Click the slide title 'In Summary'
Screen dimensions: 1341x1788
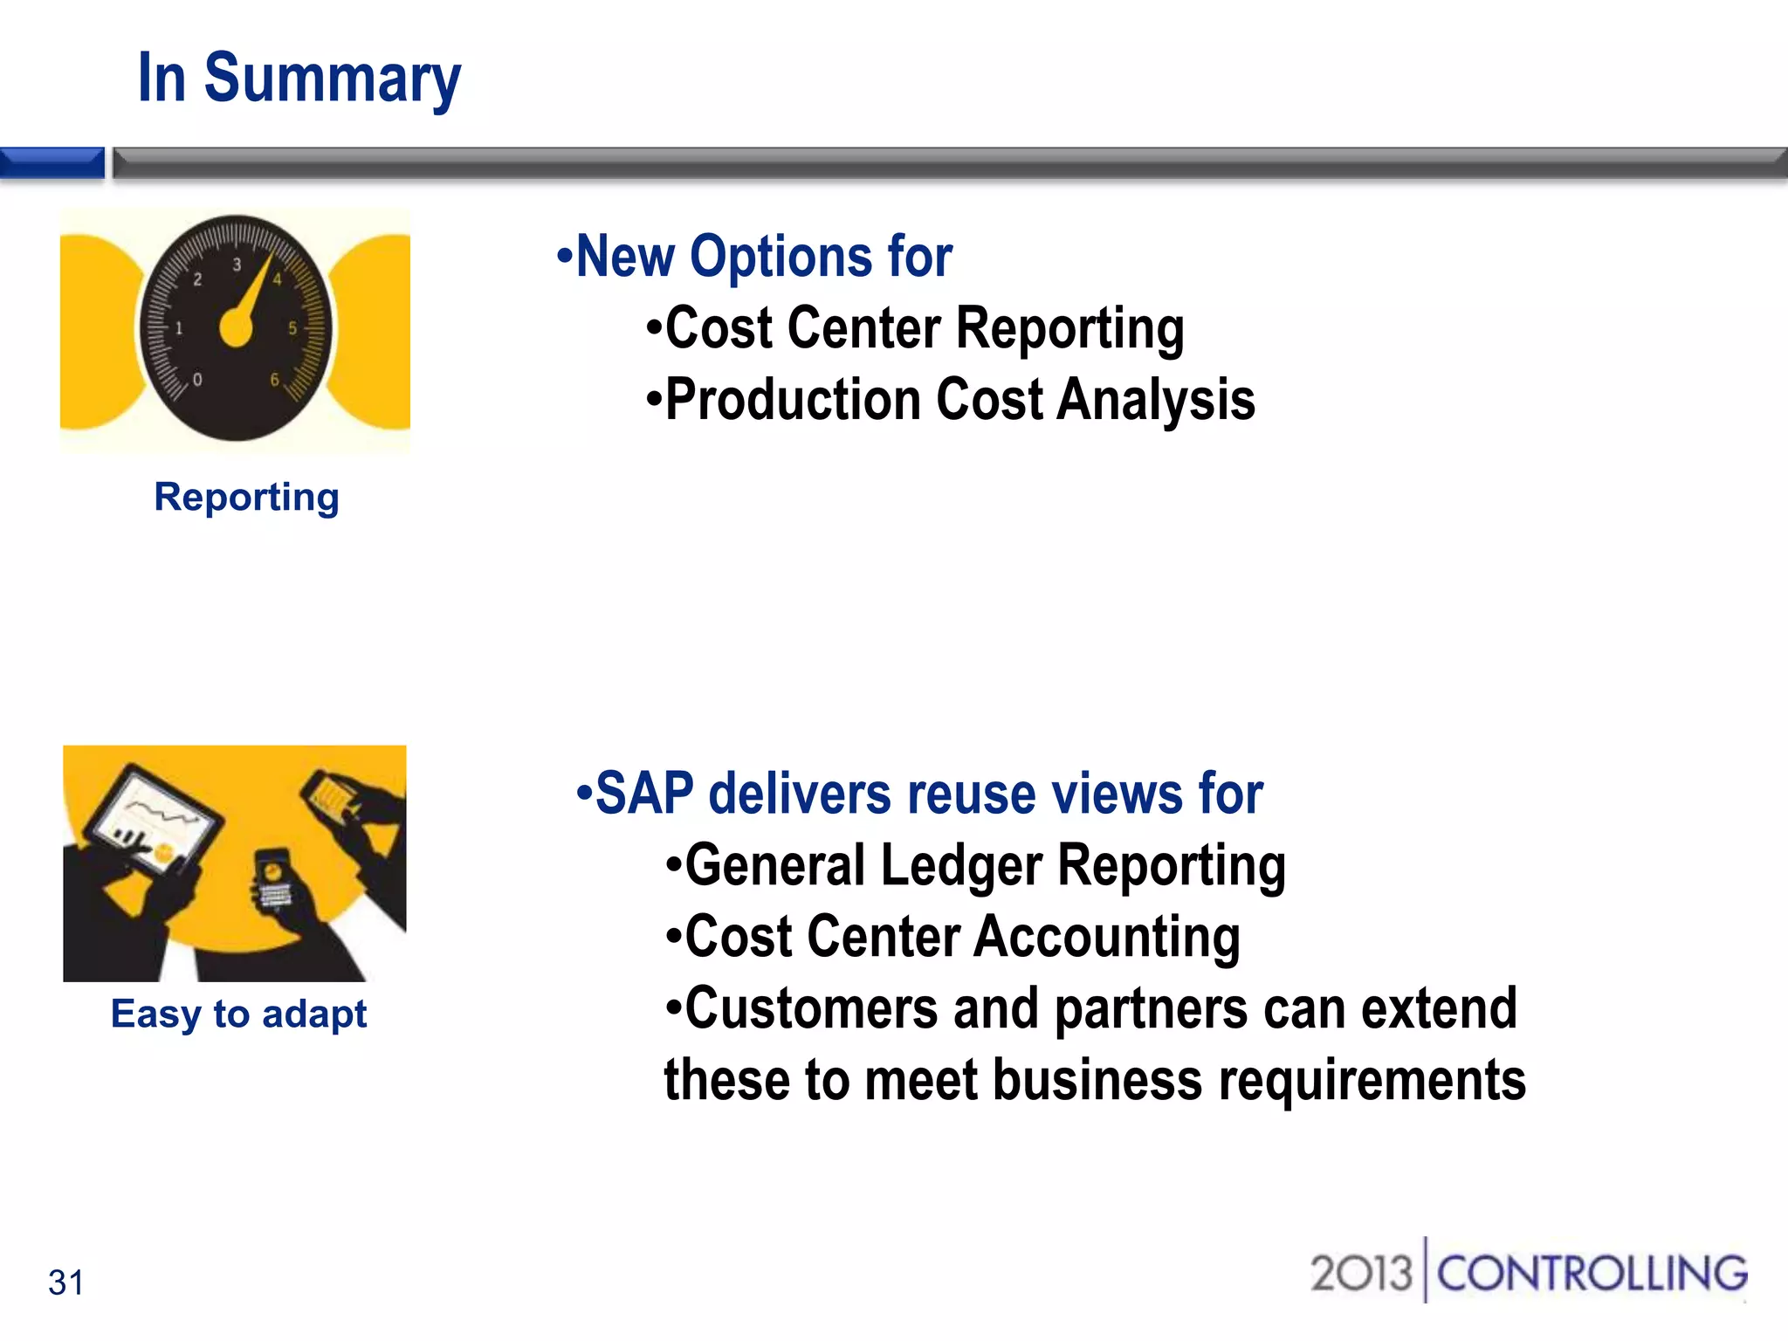(x=299, y=79)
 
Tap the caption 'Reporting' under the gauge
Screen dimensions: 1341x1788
(x=246, y=497)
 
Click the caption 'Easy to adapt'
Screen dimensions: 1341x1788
(x=238, y=1014)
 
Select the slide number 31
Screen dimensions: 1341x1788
(x=66, y=1283)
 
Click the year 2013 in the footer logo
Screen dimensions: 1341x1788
(x=1360, y=1273)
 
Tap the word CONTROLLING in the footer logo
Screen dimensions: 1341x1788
(x=1592, y=1273)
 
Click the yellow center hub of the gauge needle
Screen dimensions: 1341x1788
(x=236, y=328)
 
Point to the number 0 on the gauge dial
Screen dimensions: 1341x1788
(x=197, y=380)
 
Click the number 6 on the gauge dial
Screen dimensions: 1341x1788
(x=274, y=380)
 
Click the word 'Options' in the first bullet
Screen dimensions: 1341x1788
(x=781, y=257)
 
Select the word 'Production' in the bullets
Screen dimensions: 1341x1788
(x=793, y=400)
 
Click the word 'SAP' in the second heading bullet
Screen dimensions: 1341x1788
(x=644, y=794)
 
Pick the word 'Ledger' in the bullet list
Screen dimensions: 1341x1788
(x=961, y=865)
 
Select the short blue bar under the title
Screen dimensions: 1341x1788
(x=52, y=163)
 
